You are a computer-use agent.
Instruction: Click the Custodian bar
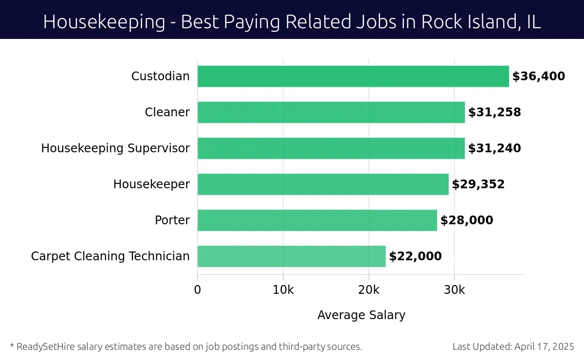pyautogui.click(x=353, y=76)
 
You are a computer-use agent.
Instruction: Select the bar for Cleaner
pyautogui.click(x=331, y=112)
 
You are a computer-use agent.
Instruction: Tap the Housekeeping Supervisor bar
pyautogui.click(x=331, y=148)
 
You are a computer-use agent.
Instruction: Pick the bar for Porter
pyautogui.click(x=317, y=220)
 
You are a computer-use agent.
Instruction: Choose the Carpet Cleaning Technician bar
pyautogui.click(x=291, y=256)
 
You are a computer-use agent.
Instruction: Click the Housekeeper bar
pyautogui.click(x=323, y=184)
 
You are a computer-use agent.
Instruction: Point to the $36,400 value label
pyautogui.click(x=538, y=76)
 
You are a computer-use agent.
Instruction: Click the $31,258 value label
pyautogui.click(x=494, y=112)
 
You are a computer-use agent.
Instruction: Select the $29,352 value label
pyautogui.click(x=478, y=184)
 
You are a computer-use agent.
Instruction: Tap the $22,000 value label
pyautogui.click(x=415, y=256)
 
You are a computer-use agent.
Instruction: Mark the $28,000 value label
pyautogui.click(x=467, y=220)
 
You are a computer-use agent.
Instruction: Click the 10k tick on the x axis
pyautogui.click(x=283, y=290)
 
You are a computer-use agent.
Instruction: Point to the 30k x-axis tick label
pyautogui.click(x=454, y=290)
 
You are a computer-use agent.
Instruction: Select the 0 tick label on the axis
pyautogui.click(x=198, y=290)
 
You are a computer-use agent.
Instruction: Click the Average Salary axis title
pyautogui.click(x=361, y=315)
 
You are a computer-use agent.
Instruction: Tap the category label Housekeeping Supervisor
pyautogui.click(x=115, y=148)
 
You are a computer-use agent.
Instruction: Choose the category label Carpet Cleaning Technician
pyautogui.click(x=110, y=256)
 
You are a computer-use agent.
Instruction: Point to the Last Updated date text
pyautogui.click(x=513, y=347)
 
